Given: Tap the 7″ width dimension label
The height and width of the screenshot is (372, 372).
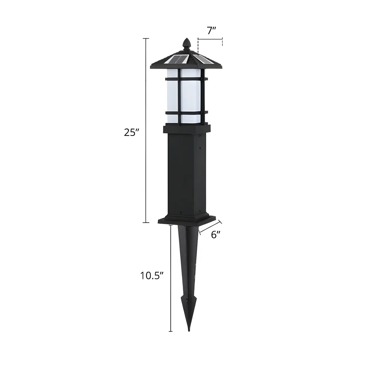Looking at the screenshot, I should click(x=211, y=30).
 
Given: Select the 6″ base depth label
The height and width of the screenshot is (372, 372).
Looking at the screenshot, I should click(x=216, y=235).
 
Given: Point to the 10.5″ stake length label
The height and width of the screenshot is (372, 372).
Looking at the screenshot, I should click(x=152, y=276).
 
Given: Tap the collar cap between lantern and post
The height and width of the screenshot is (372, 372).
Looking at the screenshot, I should click(x=187, y=129).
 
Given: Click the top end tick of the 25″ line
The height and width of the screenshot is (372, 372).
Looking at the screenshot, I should click(x=146, y=38).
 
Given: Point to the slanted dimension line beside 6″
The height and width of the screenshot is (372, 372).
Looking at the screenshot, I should click(x=210, y=228).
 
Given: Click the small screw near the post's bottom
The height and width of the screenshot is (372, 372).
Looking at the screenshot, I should click(x=181, y=213).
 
